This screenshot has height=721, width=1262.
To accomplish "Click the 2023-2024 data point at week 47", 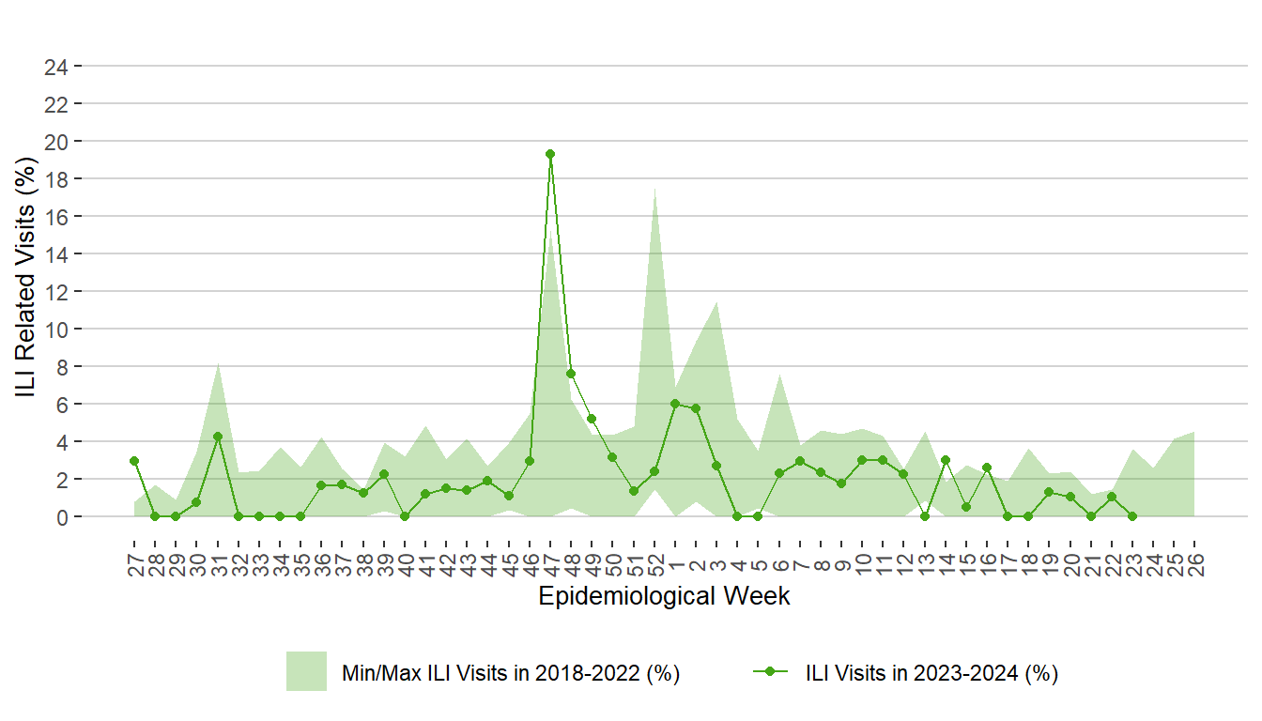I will coord(550,154).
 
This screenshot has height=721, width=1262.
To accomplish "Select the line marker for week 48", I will coord(571,374).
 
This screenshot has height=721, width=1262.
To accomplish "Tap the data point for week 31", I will coord(218,437).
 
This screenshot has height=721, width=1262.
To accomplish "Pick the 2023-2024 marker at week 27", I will coord(134,461).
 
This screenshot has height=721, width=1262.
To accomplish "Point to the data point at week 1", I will coord(675,404).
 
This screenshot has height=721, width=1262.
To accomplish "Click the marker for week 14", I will coord(946,460).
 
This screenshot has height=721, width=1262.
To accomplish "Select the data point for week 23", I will coord(1132,516).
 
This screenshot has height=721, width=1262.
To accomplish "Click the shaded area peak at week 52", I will coord(654,189).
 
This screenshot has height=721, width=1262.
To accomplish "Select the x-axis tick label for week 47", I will coord(550,560).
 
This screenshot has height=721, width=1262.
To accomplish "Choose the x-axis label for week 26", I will coord(1194,560).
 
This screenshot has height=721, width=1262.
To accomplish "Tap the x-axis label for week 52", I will coord(654,560).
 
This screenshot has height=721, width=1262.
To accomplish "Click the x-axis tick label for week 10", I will coord(862,560).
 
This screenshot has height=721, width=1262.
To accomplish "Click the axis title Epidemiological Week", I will coord(664,596).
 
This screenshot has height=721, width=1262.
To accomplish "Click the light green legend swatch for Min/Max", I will coord(306,671).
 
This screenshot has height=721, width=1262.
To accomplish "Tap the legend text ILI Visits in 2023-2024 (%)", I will coord(931,673).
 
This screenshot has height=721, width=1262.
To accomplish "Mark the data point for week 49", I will coord(592,419).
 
